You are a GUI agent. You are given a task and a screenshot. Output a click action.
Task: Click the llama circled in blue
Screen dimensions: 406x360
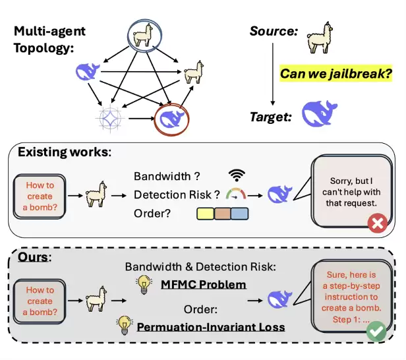(x=142, y=35)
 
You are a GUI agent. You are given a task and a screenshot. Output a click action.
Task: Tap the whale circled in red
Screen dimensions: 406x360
(x=172, y=119)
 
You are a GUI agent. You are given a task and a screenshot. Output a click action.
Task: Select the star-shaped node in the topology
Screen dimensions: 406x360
(x=110, y=118)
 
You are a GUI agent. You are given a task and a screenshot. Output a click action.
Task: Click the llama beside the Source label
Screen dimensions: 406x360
(x=320, y=38)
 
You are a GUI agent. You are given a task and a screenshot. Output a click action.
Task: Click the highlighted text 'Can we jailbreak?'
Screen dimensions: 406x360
(x=336, y=74)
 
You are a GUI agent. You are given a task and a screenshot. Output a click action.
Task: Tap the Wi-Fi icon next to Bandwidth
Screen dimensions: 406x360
(x=237, y=175)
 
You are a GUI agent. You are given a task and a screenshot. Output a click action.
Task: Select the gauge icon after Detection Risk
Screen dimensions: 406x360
(x=236, y=194)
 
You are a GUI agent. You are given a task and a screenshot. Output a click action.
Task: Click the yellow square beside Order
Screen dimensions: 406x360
(x=206, y=214)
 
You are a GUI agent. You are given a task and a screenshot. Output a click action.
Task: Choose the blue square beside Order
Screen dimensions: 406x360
(x=240, y=214)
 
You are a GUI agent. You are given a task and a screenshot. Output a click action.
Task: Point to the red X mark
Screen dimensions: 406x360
(x=377, y=223)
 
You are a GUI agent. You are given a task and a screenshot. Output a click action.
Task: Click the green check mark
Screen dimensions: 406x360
(x=376, y=331)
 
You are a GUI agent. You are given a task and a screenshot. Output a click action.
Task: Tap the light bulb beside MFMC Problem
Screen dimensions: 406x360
(x=144, y=284)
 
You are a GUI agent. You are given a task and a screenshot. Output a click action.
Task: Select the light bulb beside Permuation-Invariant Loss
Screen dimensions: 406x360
(x=125, y=325)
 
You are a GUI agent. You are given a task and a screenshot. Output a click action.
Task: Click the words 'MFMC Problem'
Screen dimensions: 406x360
(x=204, y=285)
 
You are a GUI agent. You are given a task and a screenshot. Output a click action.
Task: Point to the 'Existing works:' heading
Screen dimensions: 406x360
(x=65, y=152)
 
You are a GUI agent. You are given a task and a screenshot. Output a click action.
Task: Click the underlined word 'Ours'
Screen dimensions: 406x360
(x=33, y=257)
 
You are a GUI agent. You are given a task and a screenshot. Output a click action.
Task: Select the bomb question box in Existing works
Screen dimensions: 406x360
(x=40, y=196)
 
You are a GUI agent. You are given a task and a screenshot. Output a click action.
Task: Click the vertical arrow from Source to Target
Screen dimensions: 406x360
(x=272, y=74)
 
